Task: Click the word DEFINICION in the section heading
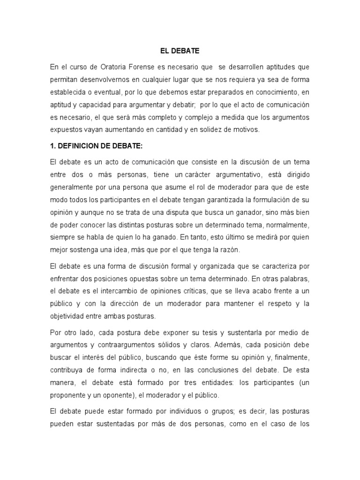pos(80,146)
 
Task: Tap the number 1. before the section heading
pos(53,146)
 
